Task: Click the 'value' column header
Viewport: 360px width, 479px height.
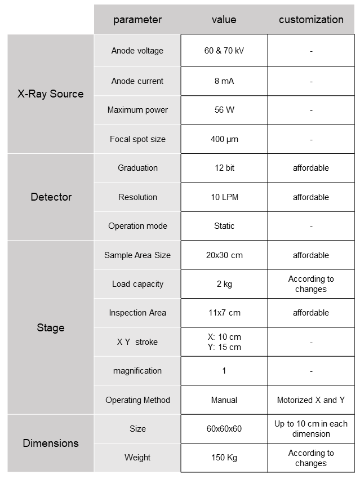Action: (224, 20)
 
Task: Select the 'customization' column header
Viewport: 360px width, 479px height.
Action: (311, 20)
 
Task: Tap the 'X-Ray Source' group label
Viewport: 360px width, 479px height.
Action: (51, 94)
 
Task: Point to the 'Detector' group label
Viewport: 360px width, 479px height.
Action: (51, 197)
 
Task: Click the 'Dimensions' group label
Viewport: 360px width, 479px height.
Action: (51, 443)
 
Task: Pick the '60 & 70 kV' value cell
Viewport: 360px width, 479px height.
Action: (224, 51)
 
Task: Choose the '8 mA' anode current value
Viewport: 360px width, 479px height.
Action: (224, 81)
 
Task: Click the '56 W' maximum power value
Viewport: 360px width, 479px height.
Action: (224, 110)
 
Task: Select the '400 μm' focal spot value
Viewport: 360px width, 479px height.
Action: (224, 139)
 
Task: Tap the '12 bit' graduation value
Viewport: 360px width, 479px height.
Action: (224, 168)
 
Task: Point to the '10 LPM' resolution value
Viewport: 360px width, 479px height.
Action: (224, 197)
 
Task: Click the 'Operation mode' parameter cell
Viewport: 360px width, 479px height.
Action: (137, 226)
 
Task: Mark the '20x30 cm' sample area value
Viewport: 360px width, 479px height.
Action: (224, 255)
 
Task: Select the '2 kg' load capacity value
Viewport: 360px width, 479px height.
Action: (224, 284)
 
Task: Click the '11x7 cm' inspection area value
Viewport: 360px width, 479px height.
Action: (224, 313)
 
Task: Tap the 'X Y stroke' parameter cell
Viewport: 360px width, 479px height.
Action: (137, 342)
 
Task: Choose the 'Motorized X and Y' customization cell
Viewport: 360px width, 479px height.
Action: (311, 400)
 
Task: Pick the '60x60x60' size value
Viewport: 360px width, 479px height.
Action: (224, 429)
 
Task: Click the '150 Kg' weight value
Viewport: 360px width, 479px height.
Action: (224, 458)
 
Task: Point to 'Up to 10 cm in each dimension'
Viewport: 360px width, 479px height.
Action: (311, 429)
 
